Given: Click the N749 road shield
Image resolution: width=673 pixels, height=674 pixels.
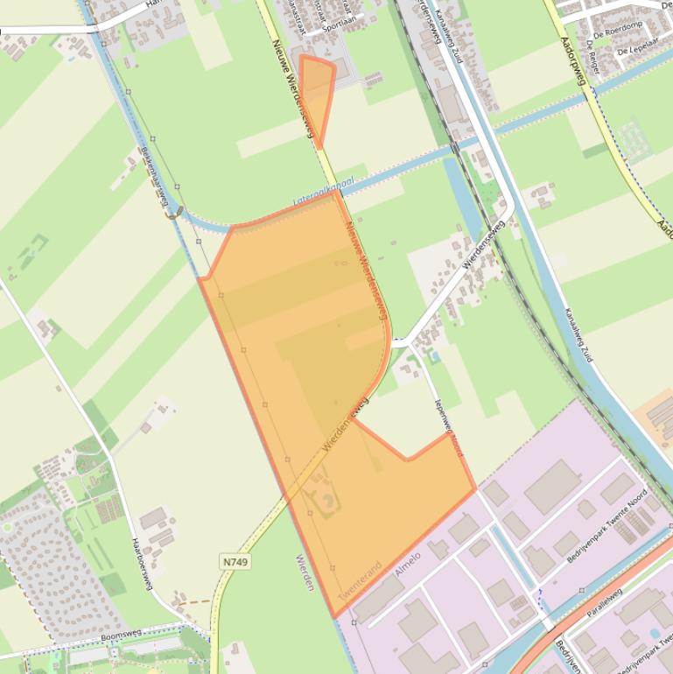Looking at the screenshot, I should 235,560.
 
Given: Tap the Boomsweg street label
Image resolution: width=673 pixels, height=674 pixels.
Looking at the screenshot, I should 120,638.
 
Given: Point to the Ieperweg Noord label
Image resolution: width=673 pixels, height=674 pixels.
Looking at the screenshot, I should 446,424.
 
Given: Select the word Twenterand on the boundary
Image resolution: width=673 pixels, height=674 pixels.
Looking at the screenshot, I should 359,580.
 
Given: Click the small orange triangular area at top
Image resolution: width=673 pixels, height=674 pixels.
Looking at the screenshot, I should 319,88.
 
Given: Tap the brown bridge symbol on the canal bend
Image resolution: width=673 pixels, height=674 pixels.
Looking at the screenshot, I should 172,211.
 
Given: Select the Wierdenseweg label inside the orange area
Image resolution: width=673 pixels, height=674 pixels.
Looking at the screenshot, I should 347,426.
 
